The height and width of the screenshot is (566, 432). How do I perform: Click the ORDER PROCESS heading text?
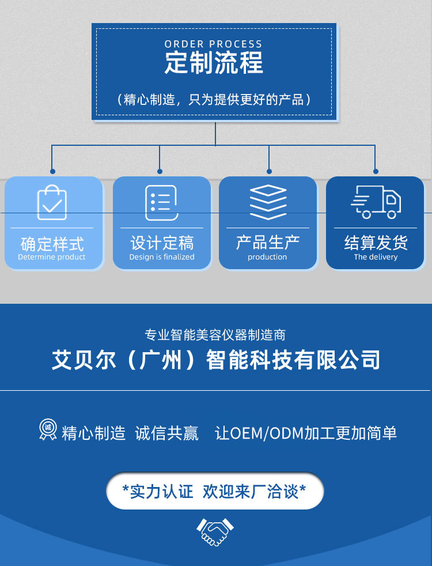point(213,44)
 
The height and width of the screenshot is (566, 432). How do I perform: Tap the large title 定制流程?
point(214,63)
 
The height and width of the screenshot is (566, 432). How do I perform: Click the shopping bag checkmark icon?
point(52,202)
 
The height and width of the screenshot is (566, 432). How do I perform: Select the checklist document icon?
point(161,202)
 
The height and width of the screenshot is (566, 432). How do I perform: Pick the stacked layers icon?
point(268,202)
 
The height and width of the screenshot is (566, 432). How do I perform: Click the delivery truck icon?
point(376,202)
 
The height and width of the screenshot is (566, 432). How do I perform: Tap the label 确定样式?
point(52,244)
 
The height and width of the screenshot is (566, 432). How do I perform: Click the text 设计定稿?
point(162,243)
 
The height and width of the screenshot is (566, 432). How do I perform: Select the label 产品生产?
point(268,242)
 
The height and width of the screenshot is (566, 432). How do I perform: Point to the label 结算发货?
point(376,243)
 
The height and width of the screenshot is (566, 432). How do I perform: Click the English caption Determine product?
point(52,257)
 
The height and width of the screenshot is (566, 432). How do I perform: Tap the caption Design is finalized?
point(162,257)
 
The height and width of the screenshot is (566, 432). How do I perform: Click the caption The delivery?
point(376,257)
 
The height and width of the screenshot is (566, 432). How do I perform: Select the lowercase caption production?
point(267,257)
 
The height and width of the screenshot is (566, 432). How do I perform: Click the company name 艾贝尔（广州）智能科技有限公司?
point(216,360)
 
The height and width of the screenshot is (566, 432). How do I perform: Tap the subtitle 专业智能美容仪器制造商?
point(215,335)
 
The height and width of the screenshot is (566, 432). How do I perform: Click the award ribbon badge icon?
point(48,429)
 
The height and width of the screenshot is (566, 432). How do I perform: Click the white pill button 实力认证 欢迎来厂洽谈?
point(215,491)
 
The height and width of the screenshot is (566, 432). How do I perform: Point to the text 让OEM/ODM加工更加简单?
point(306,433)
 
